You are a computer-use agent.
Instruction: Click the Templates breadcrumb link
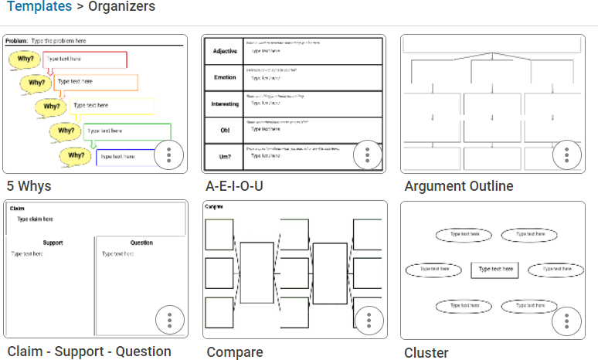39,7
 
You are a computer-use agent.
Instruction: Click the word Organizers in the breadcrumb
121,7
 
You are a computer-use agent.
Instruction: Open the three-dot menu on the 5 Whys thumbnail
168,155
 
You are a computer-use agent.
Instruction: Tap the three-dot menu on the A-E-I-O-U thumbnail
367,155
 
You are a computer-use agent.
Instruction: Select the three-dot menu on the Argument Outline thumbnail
566,155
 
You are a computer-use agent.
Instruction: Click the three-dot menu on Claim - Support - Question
169,320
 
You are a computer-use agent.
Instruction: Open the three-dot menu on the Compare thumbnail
369,320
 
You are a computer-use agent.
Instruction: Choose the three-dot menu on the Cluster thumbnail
566,320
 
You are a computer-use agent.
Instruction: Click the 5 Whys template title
29,186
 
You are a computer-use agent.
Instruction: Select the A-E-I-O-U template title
235,186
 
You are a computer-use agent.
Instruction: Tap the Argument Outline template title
458,186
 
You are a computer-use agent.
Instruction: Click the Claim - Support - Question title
89,352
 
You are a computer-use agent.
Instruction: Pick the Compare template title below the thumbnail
234,352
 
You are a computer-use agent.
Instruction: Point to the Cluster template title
426,353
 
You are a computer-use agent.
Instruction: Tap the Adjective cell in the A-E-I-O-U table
224,51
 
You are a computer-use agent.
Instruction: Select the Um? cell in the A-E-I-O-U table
224,157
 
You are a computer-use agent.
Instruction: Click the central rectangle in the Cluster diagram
494,270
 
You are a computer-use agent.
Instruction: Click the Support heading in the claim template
52,243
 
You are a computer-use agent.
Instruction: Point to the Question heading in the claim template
141,243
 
